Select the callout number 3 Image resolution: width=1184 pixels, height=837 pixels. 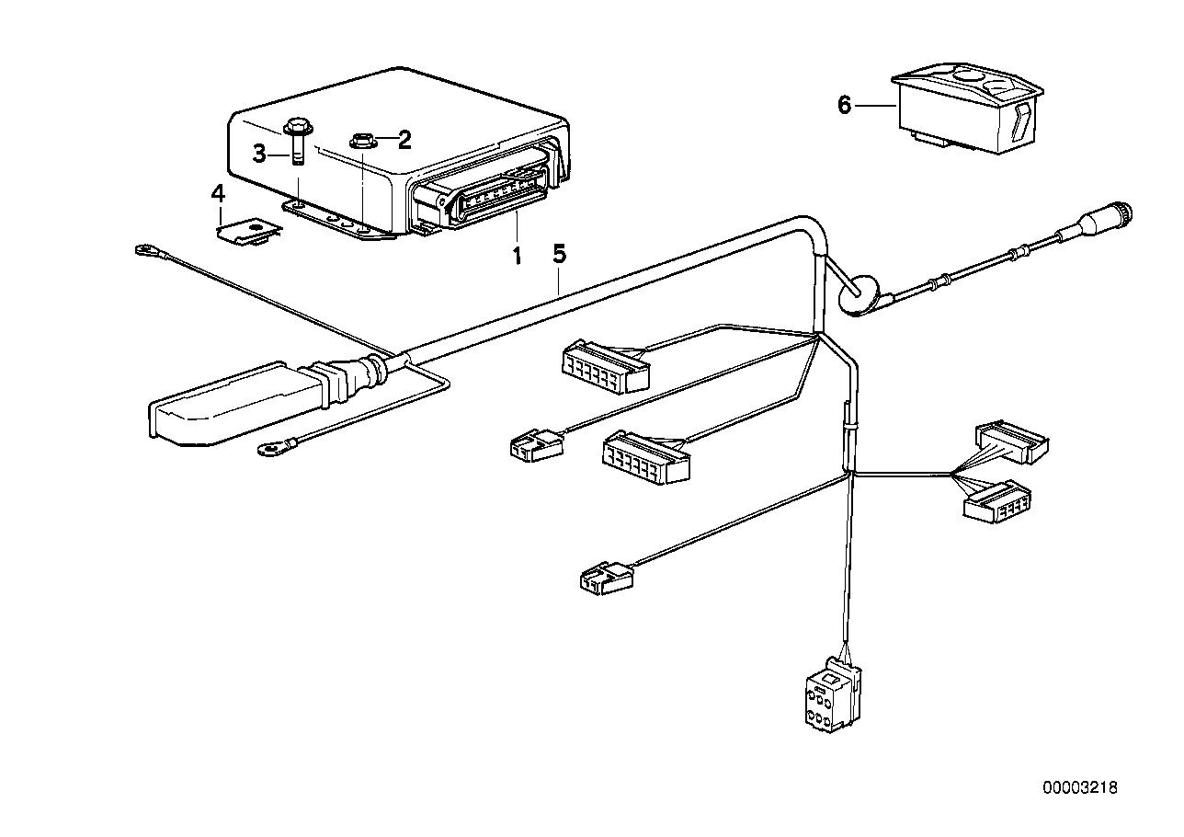[260, 154]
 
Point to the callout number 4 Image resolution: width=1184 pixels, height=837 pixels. [218, 193]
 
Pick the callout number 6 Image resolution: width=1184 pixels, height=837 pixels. [845, 105]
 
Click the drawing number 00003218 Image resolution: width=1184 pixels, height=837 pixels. [1080, 787]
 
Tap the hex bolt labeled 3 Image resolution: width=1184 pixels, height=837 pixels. [298, 138]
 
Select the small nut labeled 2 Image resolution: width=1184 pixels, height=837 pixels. [361, 141]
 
